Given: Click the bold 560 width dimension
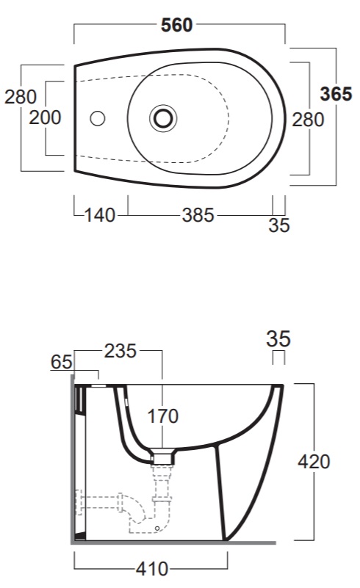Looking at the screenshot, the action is tap(176, 25).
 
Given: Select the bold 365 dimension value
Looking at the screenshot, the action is tap(336, 94).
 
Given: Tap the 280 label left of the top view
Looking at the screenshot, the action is tap(21, 97).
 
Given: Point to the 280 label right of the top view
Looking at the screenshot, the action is tap(308, 120).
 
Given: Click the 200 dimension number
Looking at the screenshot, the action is tap(45, 117).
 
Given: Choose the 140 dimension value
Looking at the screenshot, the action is tap(99, 215).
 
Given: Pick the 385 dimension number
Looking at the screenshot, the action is tap(198, 215).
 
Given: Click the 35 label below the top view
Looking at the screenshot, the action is tap(279, 225).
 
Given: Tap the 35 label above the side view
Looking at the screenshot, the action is tap(278, 338).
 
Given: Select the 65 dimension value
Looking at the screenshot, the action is tap(61, 362).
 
